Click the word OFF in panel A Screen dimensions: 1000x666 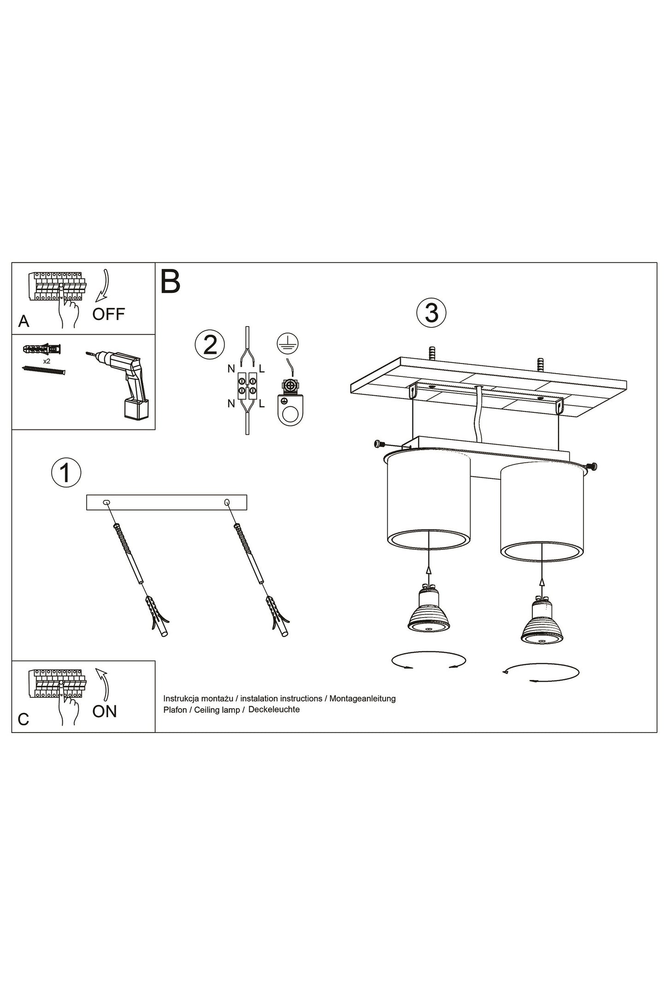point(108,314)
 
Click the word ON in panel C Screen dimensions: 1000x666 point(105,711)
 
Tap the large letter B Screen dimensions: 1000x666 point(170,281)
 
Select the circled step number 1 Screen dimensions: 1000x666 point(66,473)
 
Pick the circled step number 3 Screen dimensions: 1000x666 point(431,313)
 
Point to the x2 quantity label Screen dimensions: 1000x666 point(47,361)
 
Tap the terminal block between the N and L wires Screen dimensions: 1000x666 point(247,386)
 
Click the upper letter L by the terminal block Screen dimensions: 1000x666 point(262,369)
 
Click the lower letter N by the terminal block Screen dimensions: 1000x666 point(230,404)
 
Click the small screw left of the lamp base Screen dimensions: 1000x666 point(379,444)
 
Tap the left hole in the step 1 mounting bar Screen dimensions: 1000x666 point(107,502)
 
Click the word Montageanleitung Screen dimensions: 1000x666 point(362,698)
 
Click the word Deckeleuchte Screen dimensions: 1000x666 point(274,709)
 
